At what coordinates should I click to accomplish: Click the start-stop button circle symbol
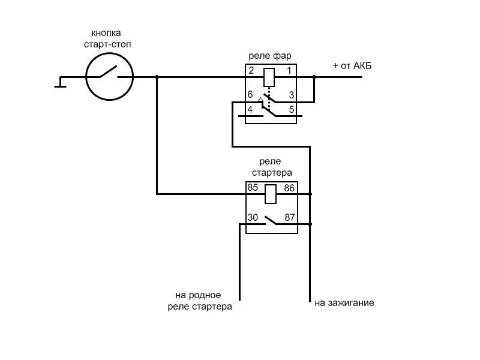click(x=109, y=77)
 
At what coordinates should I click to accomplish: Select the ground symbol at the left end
click(x=60, y=82)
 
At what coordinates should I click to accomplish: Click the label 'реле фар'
click(x=270, y=56)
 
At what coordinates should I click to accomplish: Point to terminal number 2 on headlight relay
click(x=251, y=71)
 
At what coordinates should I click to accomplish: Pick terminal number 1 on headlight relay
click(x=289, y=71)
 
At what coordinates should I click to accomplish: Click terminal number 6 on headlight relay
click(x=250, y=95)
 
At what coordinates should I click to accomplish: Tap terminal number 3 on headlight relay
click(x=291, y=95)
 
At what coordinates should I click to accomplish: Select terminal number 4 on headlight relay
click(x=250, y=109)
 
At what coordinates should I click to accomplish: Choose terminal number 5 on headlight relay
click(x=291, y=109)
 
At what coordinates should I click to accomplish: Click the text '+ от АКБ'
click(x=352, y=65)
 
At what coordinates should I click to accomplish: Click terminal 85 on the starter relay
click(x=253, y=188)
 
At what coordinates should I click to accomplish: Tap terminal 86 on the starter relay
click(x=290, y=188)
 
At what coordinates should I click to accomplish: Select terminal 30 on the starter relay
click(x=253, y=218)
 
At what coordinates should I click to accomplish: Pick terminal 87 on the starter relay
click(x=290, y=218)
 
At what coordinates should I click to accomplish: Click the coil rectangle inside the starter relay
click(x=271, y=194)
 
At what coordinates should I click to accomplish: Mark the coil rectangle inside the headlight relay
click(x=270, y=77)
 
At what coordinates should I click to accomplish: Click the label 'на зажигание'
click(x=344, y=303)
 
